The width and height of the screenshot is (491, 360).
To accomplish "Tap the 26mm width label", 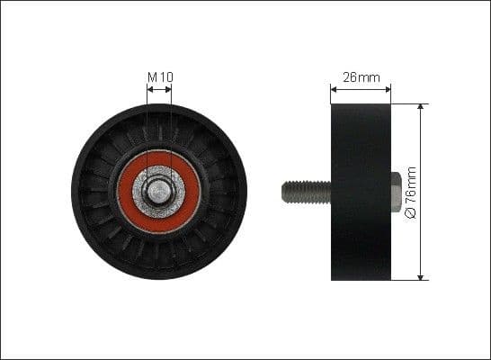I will (361, 76).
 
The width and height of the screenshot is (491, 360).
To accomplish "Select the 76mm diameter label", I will (412, 191).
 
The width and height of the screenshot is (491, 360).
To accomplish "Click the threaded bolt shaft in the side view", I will (306, 191).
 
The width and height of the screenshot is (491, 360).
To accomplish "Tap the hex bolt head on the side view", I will (397, 191).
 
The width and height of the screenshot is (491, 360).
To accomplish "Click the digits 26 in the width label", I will (352, 76).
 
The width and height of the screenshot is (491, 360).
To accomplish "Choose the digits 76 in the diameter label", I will (412, 198).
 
